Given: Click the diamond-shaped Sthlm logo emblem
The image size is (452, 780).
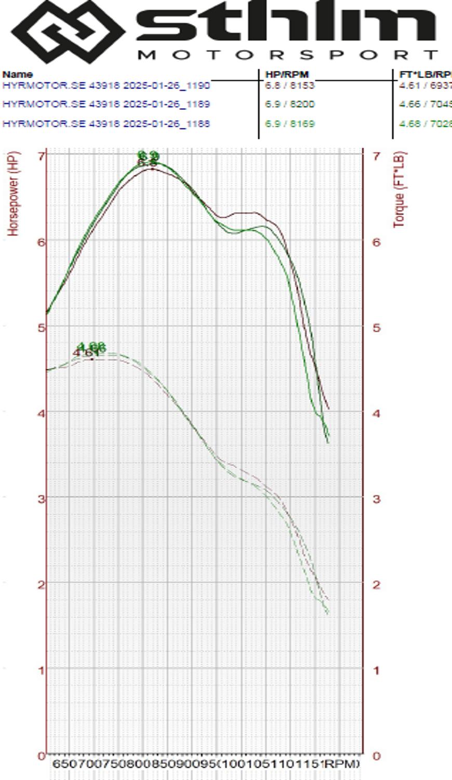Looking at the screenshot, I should coord(68,31).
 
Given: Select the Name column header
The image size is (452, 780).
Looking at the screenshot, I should coord(17,74).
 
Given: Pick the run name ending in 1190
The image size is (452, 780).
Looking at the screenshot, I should coord(106,85).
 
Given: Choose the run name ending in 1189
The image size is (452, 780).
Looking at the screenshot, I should coord(106,104).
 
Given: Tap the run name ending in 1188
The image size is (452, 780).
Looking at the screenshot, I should coord(106,124).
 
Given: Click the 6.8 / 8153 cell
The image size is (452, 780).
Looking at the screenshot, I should coord(289,85).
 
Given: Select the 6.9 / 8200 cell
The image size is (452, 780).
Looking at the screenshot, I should coord(289,104).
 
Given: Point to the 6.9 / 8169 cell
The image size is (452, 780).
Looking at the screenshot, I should coord(289,124).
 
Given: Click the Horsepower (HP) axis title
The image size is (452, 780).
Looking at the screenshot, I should coord(14,193).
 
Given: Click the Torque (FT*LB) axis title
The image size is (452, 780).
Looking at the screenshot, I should coord(399,190).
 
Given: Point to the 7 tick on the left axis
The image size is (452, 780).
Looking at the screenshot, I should coord(41,155).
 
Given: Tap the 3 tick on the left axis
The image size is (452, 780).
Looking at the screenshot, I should coord(41,498).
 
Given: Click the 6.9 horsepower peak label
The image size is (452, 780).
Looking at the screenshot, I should coord(148,155).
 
